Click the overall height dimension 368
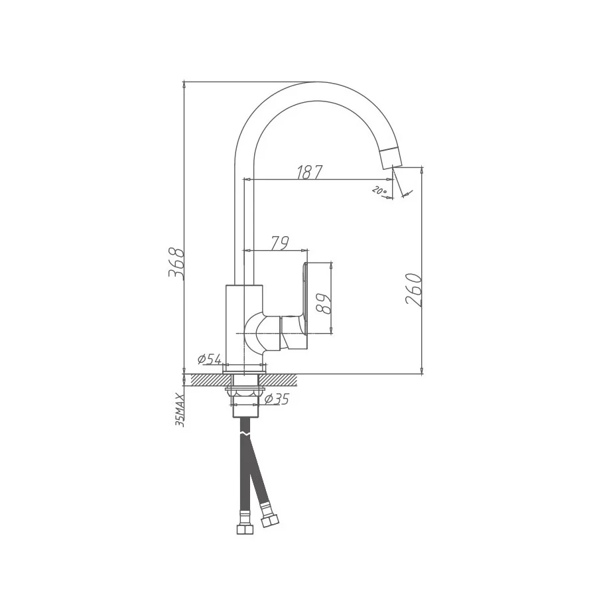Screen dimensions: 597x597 click(x=176, y=263)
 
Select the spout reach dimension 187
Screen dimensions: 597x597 click(x=309, y=172)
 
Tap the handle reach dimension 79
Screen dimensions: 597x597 click(x=280, y=243)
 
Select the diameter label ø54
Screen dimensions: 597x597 click(x=209, y=360)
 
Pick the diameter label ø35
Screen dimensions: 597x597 click(x=277, y=399)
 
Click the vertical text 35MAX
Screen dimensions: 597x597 click(x=179, y=409)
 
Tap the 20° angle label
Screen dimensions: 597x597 click(x=380, y=191)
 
